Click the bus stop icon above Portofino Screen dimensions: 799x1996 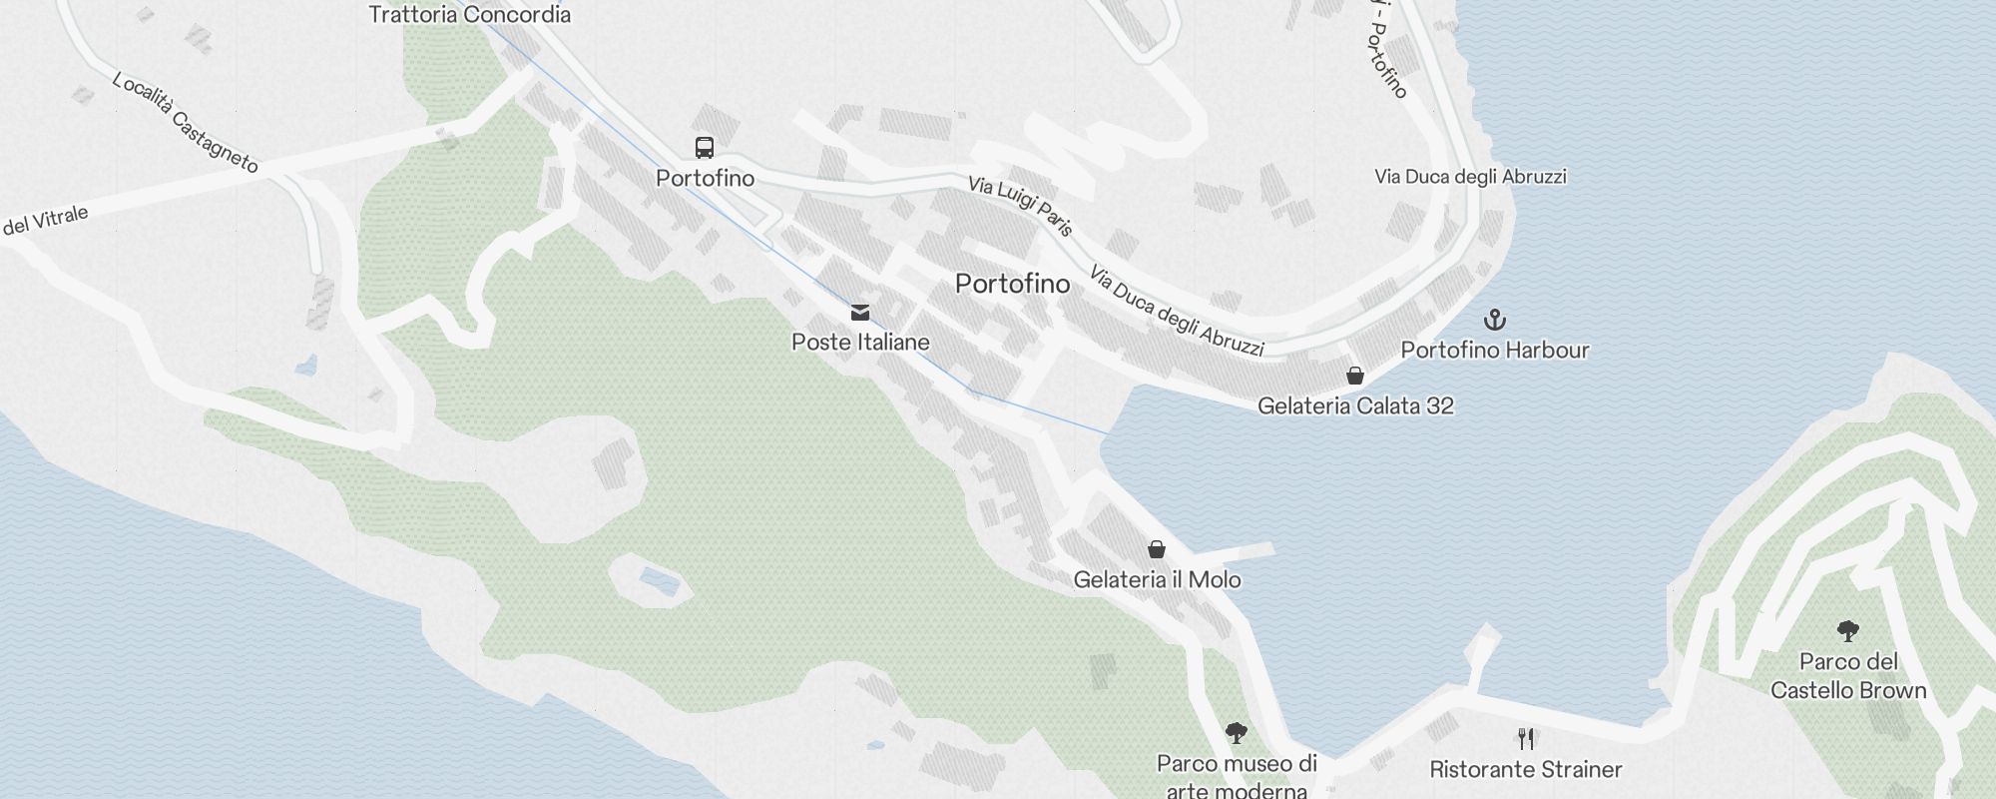(x=705, y=148)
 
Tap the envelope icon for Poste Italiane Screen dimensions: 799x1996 (x=859, y=313)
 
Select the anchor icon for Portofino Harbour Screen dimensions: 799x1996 (x=1494, y=320)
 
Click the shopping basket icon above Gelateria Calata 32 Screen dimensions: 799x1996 (x=1355, y=376)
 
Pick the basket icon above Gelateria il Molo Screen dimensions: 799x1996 (x=1157, y=549)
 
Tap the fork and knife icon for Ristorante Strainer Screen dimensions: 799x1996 (x=1525, y=739)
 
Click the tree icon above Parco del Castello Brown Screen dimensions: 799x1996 (x=1847, y=630)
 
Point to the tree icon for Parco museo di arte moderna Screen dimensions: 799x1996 (x=1237, y=733)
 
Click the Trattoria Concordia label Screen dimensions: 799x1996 (x=469, y=15)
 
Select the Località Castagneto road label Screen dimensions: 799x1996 (x=186, y=122)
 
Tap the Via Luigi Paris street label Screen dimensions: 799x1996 (x=1021, y=206)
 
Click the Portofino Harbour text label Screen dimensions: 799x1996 (x=1494, y=351)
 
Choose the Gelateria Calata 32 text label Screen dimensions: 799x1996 (x=1355, y=406)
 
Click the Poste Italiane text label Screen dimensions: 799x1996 (x=860, y=343)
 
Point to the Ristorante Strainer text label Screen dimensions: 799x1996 (x=1525, y=770)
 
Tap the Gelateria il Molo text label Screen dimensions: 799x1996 (x=1157, y=580)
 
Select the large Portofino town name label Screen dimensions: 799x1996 (x=1012, y=284)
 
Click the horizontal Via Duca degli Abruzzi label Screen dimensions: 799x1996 (x=1470, y=177)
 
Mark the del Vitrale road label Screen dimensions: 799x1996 (x=46, y=221)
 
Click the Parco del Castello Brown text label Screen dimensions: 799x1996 (x=1848, y=676)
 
